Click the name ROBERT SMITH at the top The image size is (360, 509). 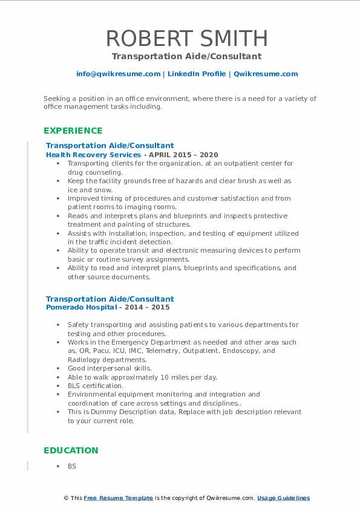click(186, 38)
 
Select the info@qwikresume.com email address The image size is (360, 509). click(118, 74)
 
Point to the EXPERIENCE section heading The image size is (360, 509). click(73, 131)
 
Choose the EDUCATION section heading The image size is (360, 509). click(71, 450)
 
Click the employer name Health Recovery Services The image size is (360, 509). click(93, 155)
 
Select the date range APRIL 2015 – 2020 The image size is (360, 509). click(184, 155)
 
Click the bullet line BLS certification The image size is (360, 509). click(96, 386)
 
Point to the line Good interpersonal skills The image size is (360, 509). click(110, 368)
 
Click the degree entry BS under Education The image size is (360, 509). click(72, 466)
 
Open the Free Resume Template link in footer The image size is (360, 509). click(118, 498)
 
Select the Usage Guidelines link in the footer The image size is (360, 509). click(283, 498)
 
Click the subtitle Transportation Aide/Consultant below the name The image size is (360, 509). click(186, 56)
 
